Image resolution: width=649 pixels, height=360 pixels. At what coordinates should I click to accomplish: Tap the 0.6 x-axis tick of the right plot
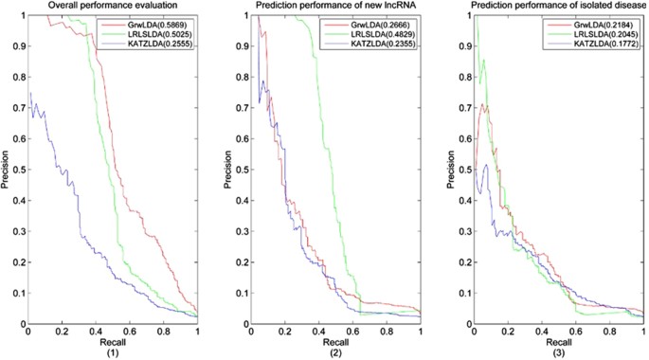pyautogui.click(x=577, y=331)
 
